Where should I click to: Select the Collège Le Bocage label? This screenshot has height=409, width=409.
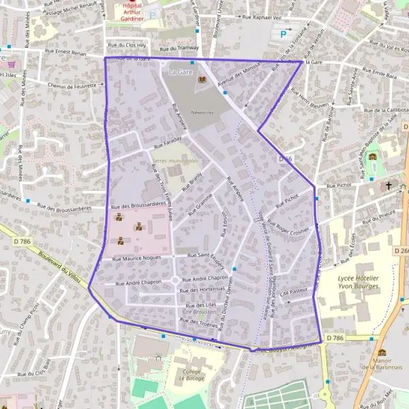point(192,373)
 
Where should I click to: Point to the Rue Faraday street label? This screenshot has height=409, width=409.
point(168,142)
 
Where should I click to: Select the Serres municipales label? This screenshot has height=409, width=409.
point(175,161)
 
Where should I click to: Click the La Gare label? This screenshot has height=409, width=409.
point(180,72)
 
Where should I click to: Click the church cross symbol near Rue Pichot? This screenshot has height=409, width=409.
point(389,185)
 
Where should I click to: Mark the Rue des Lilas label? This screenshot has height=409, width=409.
point(202,305)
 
